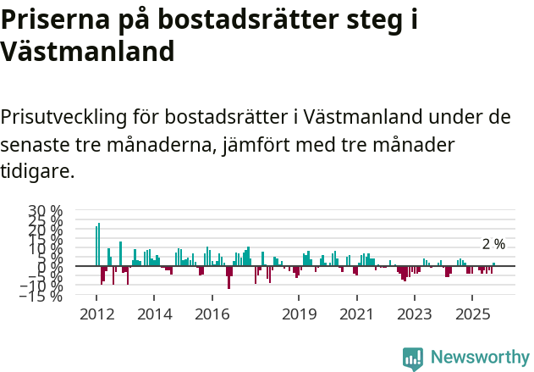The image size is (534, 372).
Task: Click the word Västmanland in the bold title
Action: point(87,52)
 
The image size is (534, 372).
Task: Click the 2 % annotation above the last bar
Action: point(493,244)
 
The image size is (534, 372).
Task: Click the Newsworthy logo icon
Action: point(413,358)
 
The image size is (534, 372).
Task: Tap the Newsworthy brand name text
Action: point(480,358)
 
